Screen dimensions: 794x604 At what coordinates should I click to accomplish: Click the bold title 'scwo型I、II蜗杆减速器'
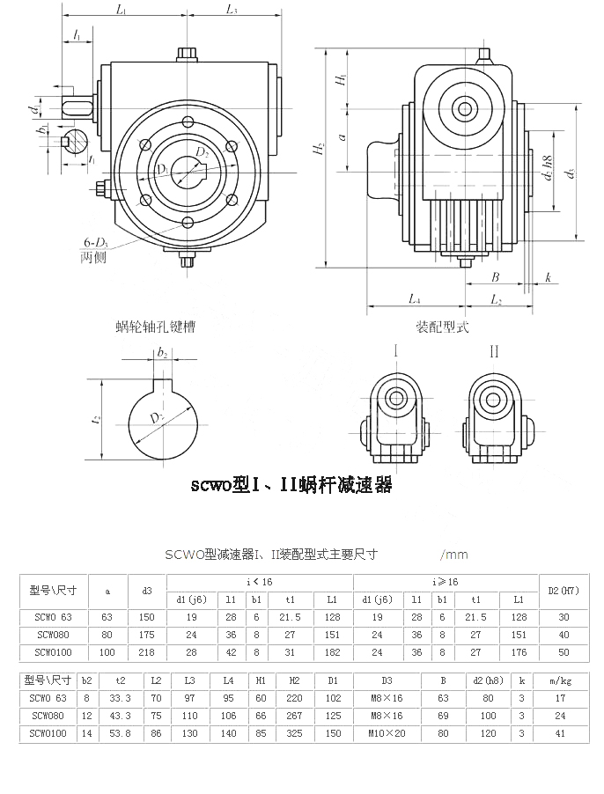(x=291, y=485)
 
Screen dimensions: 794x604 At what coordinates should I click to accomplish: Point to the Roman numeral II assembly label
(x=494, y=351)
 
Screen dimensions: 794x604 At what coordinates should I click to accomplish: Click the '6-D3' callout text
(x=97, y=242)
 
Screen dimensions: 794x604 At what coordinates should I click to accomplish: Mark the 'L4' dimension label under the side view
(x=413, y=300)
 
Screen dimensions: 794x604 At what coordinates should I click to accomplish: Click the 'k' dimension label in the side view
(x=547, y=277)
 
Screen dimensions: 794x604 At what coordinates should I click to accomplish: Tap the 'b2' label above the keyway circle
(x=162, y=353)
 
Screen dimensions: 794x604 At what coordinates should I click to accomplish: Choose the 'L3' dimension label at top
(x=232, y=10)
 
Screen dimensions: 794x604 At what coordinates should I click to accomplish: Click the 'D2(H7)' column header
(x=563, y=589)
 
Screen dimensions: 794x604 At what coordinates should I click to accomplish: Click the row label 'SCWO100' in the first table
(x=53, y=652)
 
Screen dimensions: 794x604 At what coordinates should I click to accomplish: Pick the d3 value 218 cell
(x=147, y=652)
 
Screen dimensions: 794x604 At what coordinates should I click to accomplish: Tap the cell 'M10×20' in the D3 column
(x=387, y=732)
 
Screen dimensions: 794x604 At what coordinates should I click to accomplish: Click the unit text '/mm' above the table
(x=454, y=555)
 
